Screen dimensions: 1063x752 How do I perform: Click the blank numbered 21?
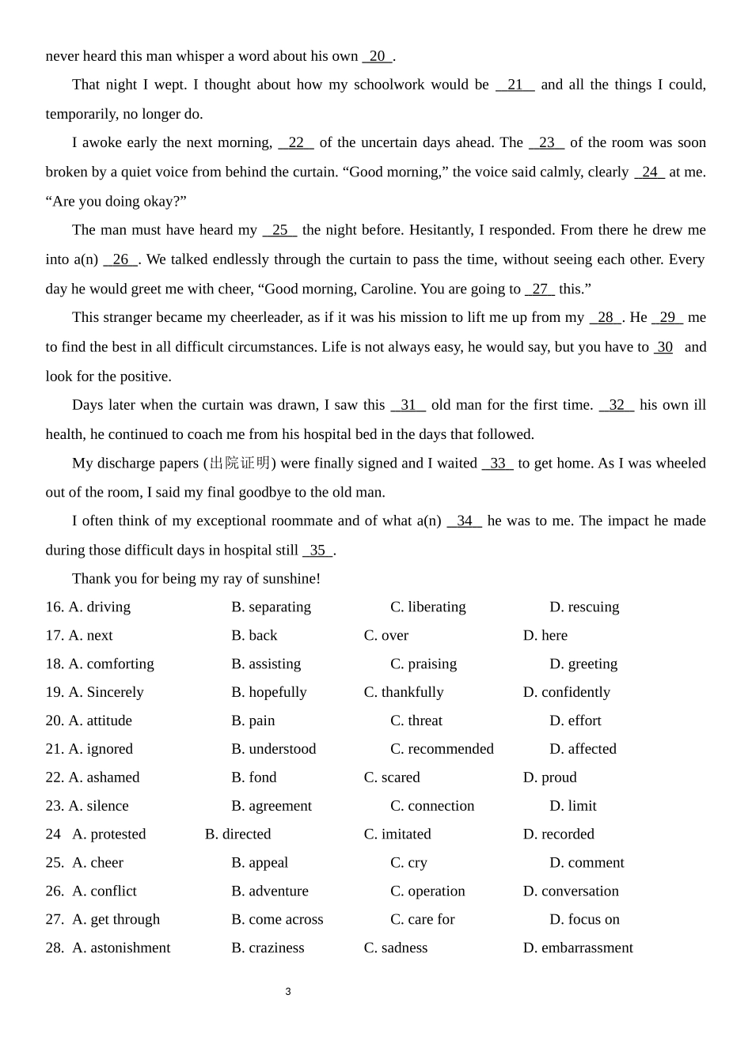point(515,85)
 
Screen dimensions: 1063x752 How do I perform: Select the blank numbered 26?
point(120,259)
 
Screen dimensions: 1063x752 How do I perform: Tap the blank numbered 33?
point(497,463)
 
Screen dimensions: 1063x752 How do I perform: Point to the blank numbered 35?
point(317,550)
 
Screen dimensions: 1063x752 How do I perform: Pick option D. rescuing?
point(584,607)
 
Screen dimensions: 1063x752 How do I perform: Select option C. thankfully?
point(404,693)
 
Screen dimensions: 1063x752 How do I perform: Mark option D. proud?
point(549,777)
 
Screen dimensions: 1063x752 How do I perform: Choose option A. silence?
point(98,806)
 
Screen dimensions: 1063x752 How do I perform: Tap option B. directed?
point(237,834)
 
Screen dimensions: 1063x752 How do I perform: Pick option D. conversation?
point(571,891)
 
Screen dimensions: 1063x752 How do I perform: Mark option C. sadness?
point(395,948)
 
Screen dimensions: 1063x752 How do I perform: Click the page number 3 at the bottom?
point(288,992)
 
